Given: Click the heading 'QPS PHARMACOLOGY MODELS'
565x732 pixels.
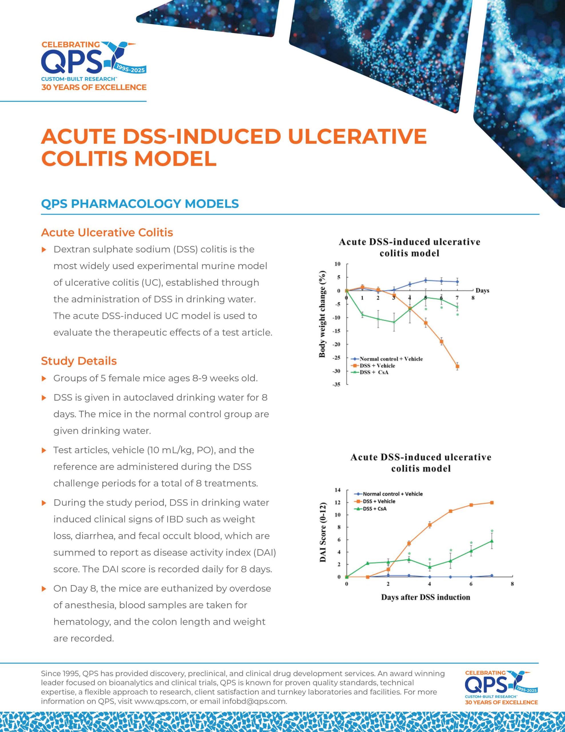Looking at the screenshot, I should coord(140,204).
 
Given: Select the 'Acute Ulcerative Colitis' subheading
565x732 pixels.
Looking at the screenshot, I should coord(107,232).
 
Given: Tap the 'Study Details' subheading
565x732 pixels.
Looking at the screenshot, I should coord(79,361).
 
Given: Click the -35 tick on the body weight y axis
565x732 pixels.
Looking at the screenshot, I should coord(336,384).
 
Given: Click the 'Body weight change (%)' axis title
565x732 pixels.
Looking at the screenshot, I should coord(322,314).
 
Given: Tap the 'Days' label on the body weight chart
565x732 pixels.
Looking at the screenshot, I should coord(482,291).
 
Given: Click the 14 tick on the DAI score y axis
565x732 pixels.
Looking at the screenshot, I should coord(338,490).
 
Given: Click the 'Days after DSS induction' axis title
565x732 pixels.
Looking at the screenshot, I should coord(425,597).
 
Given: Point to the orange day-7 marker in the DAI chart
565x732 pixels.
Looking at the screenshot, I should coord(492,503).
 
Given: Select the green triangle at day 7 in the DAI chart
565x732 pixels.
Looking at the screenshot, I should coord(492,541).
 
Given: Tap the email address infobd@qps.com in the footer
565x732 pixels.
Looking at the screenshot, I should coord(254,701).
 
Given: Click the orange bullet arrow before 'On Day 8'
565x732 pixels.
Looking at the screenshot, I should coord(43,589).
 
